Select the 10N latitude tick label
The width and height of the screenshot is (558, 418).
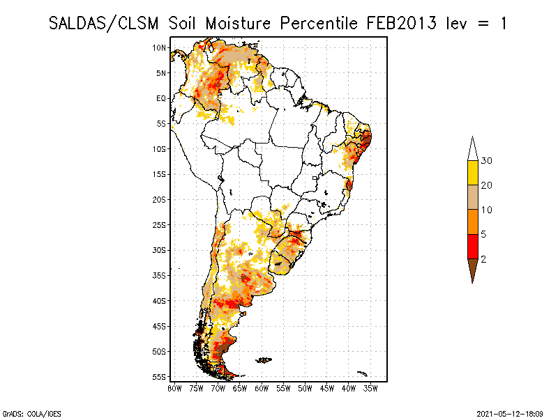pos(160,47)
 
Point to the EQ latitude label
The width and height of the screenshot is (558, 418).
pos(161,98)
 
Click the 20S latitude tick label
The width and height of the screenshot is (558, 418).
pos(160,199)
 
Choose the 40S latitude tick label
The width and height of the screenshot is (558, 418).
pos(160,301)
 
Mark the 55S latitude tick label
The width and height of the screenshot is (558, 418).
pos(160,377)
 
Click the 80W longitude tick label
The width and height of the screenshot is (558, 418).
pos(174,388)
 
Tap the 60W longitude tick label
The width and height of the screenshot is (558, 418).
pos(262,388)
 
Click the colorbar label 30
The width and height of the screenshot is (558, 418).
pos(487,161)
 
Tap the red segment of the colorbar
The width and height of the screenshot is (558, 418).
pos(472,246)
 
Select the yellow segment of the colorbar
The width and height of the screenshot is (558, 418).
pos(472,173)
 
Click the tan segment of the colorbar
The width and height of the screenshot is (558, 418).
pos(472,197)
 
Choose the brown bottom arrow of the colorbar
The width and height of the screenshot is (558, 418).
pos(472,268)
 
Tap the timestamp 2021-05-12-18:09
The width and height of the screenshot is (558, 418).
pos(510,413)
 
